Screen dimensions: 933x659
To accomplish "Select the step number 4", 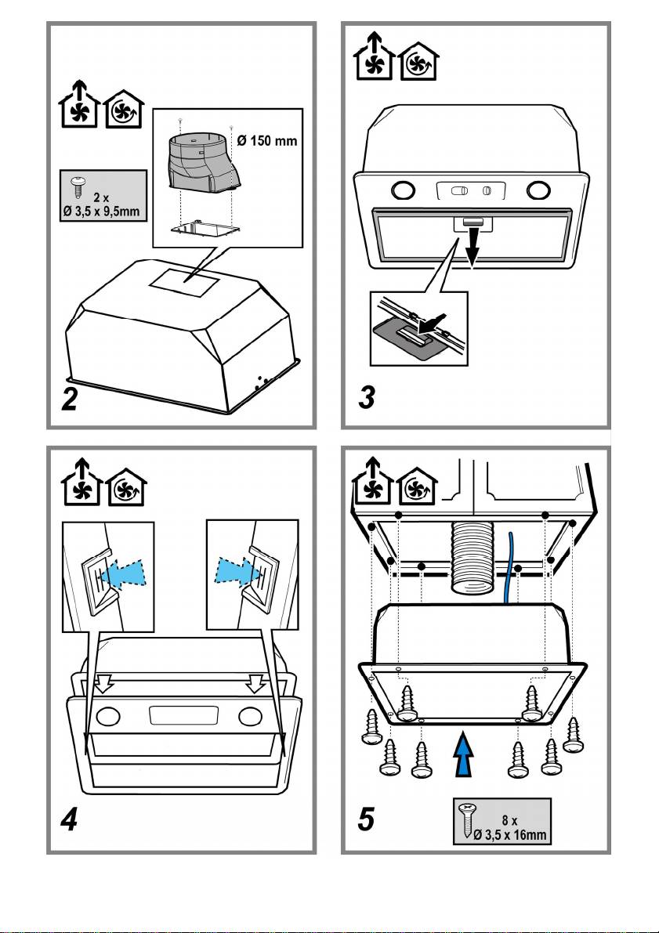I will coord(71,822).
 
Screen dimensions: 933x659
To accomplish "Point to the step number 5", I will coord(366,821).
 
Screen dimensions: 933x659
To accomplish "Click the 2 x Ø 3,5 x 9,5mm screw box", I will coord(104,196).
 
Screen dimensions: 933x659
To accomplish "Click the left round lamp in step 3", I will coord(403,190).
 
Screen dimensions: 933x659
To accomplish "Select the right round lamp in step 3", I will coord(538,190).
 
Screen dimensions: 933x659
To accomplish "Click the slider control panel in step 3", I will coord(470,190).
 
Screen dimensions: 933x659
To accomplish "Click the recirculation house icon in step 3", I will coord(420,60).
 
